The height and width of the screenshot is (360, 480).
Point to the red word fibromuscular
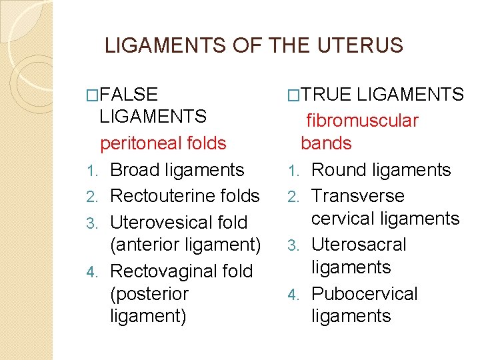pyautogui.click(x=362, y=121)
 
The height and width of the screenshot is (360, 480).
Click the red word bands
pyautogui.click(x=326, y=143)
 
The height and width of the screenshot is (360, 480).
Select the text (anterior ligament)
pyautogui.click(x=185, y=245)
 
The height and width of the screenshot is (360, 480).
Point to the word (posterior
pyautogui.click(x=149, y=294)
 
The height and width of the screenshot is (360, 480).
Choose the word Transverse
pyautogui.click(x=358, y=196)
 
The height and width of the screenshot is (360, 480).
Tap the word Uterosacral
pyautogui.click(x=359, y=245)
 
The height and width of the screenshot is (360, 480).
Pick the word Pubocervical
pyautogui.click(x=364, y=294)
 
